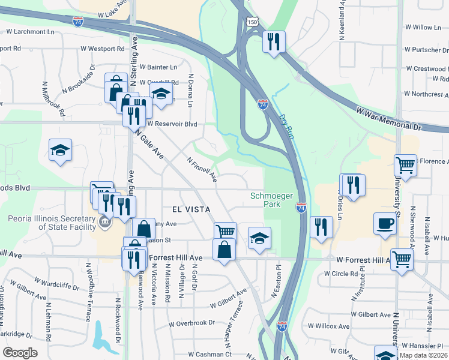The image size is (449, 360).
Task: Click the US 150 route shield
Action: (x=252, y=22)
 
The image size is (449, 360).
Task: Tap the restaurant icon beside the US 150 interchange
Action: (x=274, y=41)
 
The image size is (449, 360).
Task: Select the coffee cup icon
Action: (x=385, y=223)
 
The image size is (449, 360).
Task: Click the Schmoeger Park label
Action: (x=265, y=200)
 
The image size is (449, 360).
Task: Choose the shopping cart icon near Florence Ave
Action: (x=405, y=164)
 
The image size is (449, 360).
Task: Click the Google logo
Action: (x=20, y=353)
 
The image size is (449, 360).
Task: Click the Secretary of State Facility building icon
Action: (x=105, y=222)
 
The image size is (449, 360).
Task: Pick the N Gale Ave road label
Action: (x=149, y=145)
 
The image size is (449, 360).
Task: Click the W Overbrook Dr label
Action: (x=191, y=323)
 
